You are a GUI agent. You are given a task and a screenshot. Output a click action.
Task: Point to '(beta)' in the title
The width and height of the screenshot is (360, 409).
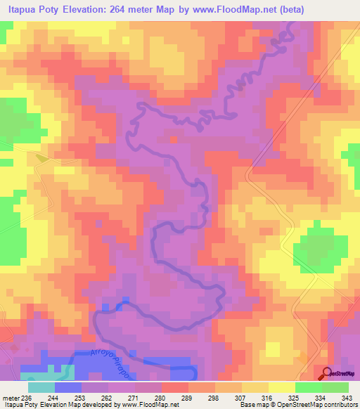[x=337, y=8]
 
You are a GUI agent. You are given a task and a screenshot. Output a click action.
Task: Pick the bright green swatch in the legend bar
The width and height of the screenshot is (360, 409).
[x=308, y=387]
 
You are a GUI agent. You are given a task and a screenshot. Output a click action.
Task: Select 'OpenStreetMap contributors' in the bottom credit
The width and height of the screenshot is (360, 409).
[x=319, y=405]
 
